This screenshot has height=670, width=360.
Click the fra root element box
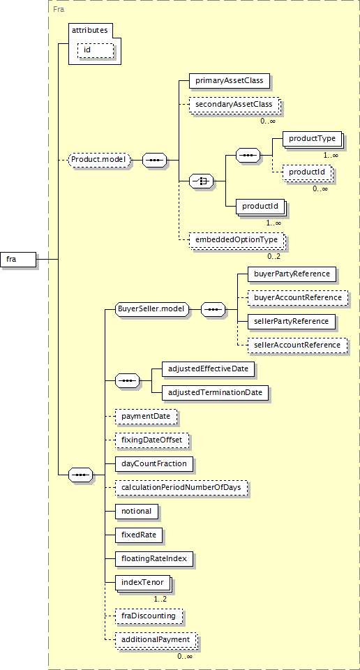click(x=18, y=259)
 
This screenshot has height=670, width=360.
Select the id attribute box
click(x=96, y=50)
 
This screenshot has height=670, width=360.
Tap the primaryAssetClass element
click(x=230, y=80)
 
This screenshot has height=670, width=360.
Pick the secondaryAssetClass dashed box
click(x=234, y=105)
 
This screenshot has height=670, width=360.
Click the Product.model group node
click(x=100, y=160)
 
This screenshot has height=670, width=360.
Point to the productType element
click(x=313, y=140)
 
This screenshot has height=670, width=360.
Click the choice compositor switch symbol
click(x=202, y=181)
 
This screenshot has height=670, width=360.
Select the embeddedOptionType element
click(x=237, y=240)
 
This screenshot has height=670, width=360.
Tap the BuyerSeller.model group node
click(x=153, y=309)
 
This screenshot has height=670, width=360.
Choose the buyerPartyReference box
click(x=292, y=274)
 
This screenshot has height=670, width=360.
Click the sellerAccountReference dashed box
click(x=298, y=345)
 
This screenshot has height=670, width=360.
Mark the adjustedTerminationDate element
click(x=216, y=392)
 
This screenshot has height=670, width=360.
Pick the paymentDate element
click(x=146, y=416)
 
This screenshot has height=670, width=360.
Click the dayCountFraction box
click(x=154, y=463)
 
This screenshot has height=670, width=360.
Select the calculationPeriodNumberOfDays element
click(x=181, y=488)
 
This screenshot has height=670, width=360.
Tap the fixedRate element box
click(x=139, y=535)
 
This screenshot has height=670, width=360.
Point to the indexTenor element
click(x=143, y=583)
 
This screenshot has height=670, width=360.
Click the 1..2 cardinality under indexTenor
click(x=160, y=599)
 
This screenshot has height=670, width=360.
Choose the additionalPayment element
click(x=156, y=641)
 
